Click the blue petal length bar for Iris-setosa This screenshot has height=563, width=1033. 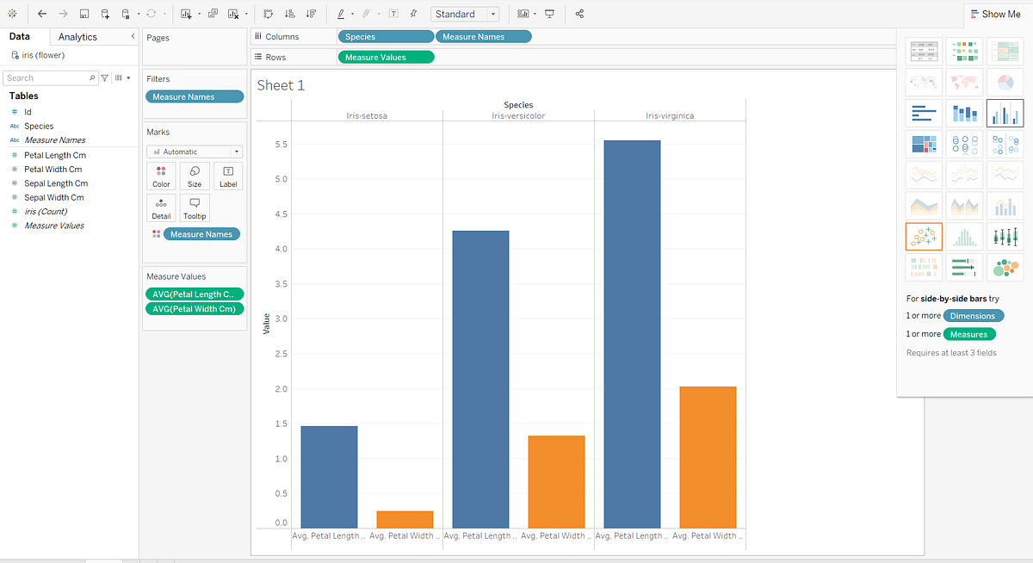329,477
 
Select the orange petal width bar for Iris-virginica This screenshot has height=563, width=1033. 708,457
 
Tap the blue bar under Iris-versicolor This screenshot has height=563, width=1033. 480,379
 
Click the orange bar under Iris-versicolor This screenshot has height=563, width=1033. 556,481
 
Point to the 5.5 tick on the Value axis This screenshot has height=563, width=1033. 281,145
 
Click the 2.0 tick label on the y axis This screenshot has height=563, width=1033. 281,389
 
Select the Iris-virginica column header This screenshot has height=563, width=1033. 670,115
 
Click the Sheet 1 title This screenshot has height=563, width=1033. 281,85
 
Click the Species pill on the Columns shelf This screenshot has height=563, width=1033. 386,37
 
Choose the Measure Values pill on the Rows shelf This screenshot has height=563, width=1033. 386,57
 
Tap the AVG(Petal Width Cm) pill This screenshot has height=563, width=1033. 195,309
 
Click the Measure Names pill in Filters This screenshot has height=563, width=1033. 195,97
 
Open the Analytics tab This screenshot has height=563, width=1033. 77,37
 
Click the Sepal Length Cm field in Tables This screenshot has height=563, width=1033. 56,183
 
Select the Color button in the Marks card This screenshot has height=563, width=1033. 161,176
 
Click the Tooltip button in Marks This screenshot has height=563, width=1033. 195,208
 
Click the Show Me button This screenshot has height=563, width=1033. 995,14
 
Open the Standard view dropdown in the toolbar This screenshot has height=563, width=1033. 465,14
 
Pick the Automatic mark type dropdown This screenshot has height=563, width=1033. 195,152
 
